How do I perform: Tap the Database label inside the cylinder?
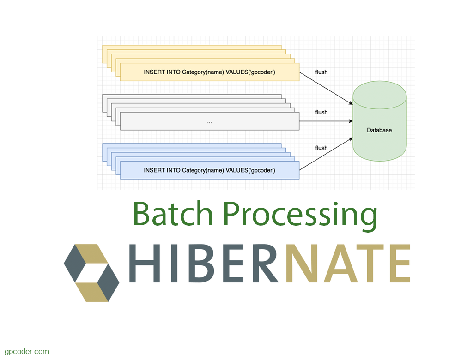[x=379, y=130]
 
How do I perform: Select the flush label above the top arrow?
[x=321, y=72]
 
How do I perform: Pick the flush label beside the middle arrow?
[x=321, y=112]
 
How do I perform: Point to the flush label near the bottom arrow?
[x=321, y=148]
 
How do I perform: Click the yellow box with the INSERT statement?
[x=210, y=72]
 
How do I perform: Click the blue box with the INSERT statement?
[x=210, y=170]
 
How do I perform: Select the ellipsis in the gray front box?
[x=210, y=122]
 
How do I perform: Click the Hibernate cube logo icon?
[x=91, y=273]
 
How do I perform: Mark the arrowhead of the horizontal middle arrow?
[x=350, y=121]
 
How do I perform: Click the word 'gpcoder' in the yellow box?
[x=262, y=72]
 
